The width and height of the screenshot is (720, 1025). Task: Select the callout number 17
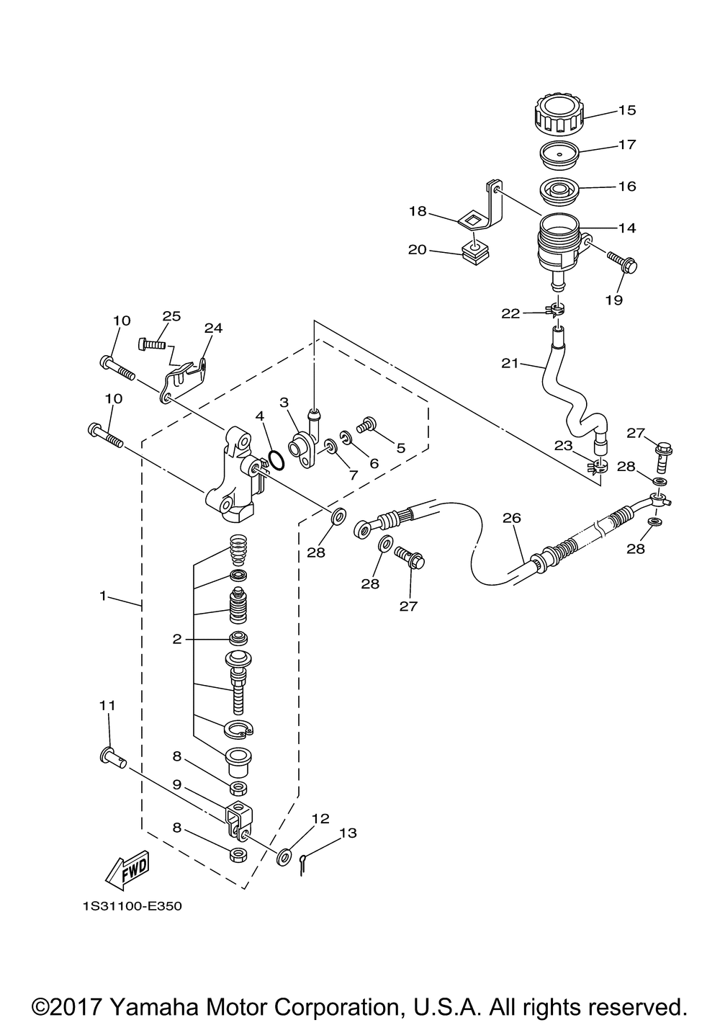(x=627, y=145)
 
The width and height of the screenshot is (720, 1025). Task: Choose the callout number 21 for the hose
(x=510, y=364)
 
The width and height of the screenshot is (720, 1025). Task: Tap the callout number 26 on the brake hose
(x=512, y=518)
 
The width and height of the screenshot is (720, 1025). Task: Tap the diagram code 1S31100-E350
(x=132, y=906)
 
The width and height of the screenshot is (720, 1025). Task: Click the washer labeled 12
(x=285, y=856)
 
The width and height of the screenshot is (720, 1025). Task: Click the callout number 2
(x=177, y=638)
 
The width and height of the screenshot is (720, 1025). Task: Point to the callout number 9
(x=177, y=784)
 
